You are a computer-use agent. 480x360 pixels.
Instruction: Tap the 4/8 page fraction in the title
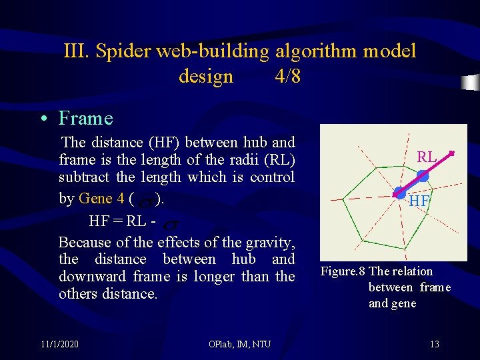click(287, 76)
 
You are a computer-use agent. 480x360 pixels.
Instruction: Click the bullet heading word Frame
click(86, 119)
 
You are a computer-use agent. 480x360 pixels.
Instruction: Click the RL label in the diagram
click(427, 157)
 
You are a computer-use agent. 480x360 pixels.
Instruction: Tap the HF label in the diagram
click(419, 201)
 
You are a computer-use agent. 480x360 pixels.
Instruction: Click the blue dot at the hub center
click(399, 193)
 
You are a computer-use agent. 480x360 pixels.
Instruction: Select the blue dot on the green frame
click(423, 176)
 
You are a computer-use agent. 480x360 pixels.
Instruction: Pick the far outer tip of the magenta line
click(453, 153)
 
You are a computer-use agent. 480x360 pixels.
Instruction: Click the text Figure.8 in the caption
click(343, 271)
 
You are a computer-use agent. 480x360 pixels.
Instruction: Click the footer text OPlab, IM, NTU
click(239, 344)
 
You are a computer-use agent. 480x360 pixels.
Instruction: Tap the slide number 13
click(434, 344)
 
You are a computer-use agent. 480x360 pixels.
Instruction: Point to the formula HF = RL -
click(122, 220)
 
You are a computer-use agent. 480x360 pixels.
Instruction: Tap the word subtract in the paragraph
click(85, 177)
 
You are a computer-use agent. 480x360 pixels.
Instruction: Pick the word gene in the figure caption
click(403, 303)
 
